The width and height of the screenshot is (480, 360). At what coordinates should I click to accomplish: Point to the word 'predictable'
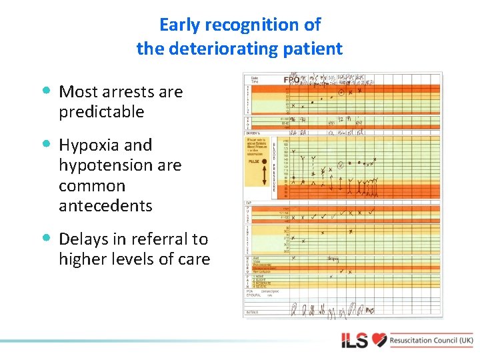point(101,112)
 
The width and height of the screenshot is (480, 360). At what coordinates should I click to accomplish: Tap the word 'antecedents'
point(105,206)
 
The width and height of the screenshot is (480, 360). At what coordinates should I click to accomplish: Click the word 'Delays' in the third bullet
point(84,239)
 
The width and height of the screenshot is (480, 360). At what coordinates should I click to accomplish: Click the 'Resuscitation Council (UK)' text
point(431,340)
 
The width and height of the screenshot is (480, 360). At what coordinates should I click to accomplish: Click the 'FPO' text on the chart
point(291,80)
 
